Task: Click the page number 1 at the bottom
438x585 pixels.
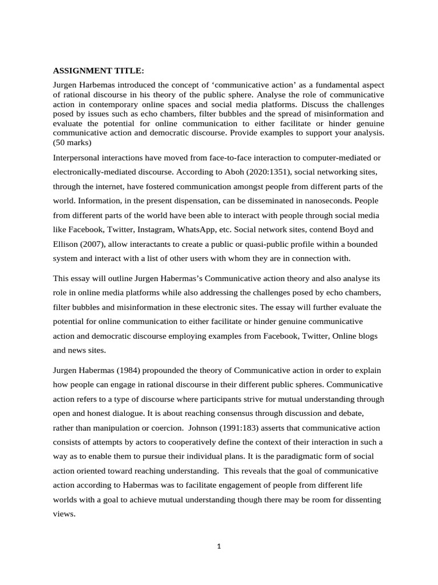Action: pyautogui.click(x=219, y=546)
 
